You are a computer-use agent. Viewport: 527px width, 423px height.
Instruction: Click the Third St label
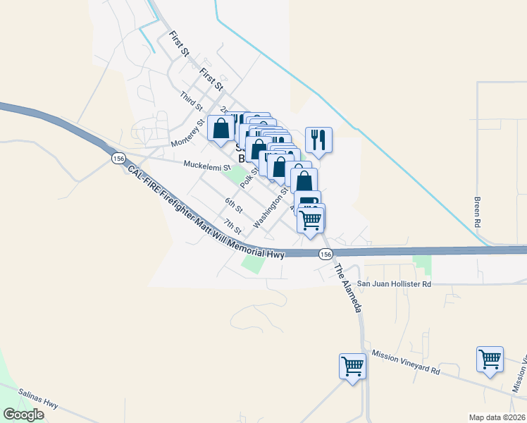point(191,102)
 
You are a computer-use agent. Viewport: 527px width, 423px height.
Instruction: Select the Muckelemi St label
point(207,167)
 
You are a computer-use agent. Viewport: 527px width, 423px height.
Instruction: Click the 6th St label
point(234,206)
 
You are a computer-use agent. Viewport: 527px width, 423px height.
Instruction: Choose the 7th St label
point(232,227)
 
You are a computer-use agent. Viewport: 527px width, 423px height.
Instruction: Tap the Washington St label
point(271,207)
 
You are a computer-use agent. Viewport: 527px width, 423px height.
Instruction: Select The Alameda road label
point(348,288)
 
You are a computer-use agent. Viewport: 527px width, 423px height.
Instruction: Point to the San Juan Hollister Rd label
point(393,283)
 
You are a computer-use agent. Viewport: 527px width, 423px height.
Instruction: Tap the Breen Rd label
point(478,211)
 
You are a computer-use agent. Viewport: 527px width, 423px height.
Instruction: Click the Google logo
point(23,414)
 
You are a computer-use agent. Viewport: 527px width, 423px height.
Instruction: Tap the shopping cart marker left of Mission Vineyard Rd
point(352,366)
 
